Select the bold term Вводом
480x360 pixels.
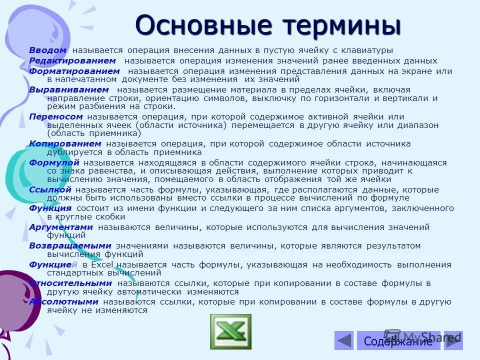pos(47,50)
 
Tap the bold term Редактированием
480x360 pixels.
pos(72,60)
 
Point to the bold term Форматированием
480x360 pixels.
pos(74,71)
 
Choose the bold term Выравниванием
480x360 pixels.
pos(68,89)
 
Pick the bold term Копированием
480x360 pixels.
pos(65,143)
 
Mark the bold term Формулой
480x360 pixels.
pos(54,162)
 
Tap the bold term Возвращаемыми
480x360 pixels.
pos(69,246)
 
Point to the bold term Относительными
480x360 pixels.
pos(70,283)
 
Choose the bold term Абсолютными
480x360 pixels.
pos(63,302)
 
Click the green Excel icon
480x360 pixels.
pos(230,331)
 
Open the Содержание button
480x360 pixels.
pos(398,341)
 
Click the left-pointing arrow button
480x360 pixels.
pos(343,340)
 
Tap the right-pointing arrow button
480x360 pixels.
pos(453,340)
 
